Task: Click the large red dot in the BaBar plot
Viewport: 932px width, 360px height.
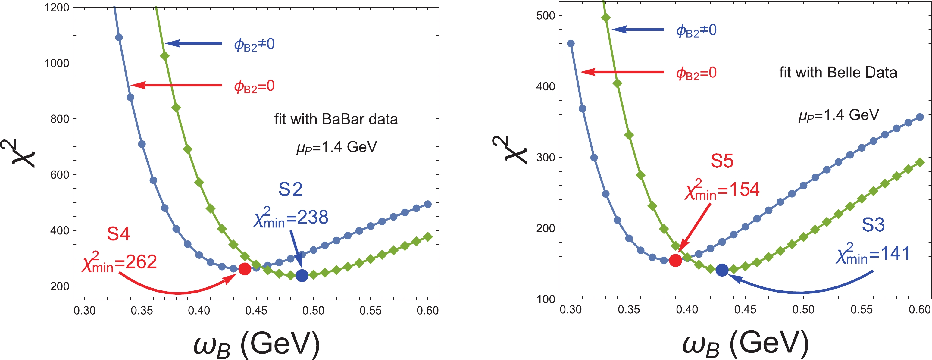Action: pos(245,269)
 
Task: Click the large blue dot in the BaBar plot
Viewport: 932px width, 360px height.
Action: pos(302,276)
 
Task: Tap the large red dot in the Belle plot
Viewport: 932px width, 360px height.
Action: pos(675,261)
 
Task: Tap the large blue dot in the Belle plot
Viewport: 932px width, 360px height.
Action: pos(722,270)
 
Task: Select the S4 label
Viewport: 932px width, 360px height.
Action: pos(118,234)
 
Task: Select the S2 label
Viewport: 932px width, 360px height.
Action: pos(290,189)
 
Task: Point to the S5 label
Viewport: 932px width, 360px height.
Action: pos(722,161)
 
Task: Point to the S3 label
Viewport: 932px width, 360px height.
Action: pos(873,225)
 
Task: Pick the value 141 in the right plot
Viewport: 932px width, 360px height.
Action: pos(895,254)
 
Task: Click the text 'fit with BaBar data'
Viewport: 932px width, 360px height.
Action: pos(336,119)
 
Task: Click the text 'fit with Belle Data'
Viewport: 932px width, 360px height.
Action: pos(838,73)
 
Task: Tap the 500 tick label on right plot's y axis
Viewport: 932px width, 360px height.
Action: pos(546,16)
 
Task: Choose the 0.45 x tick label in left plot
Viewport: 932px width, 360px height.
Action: pos(256,310)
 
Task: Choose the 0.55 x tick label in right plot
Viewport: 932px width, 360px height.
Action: pos(862,310)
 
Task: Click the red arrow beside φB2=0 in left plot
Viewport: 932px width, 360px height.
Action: pos(177,85)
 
